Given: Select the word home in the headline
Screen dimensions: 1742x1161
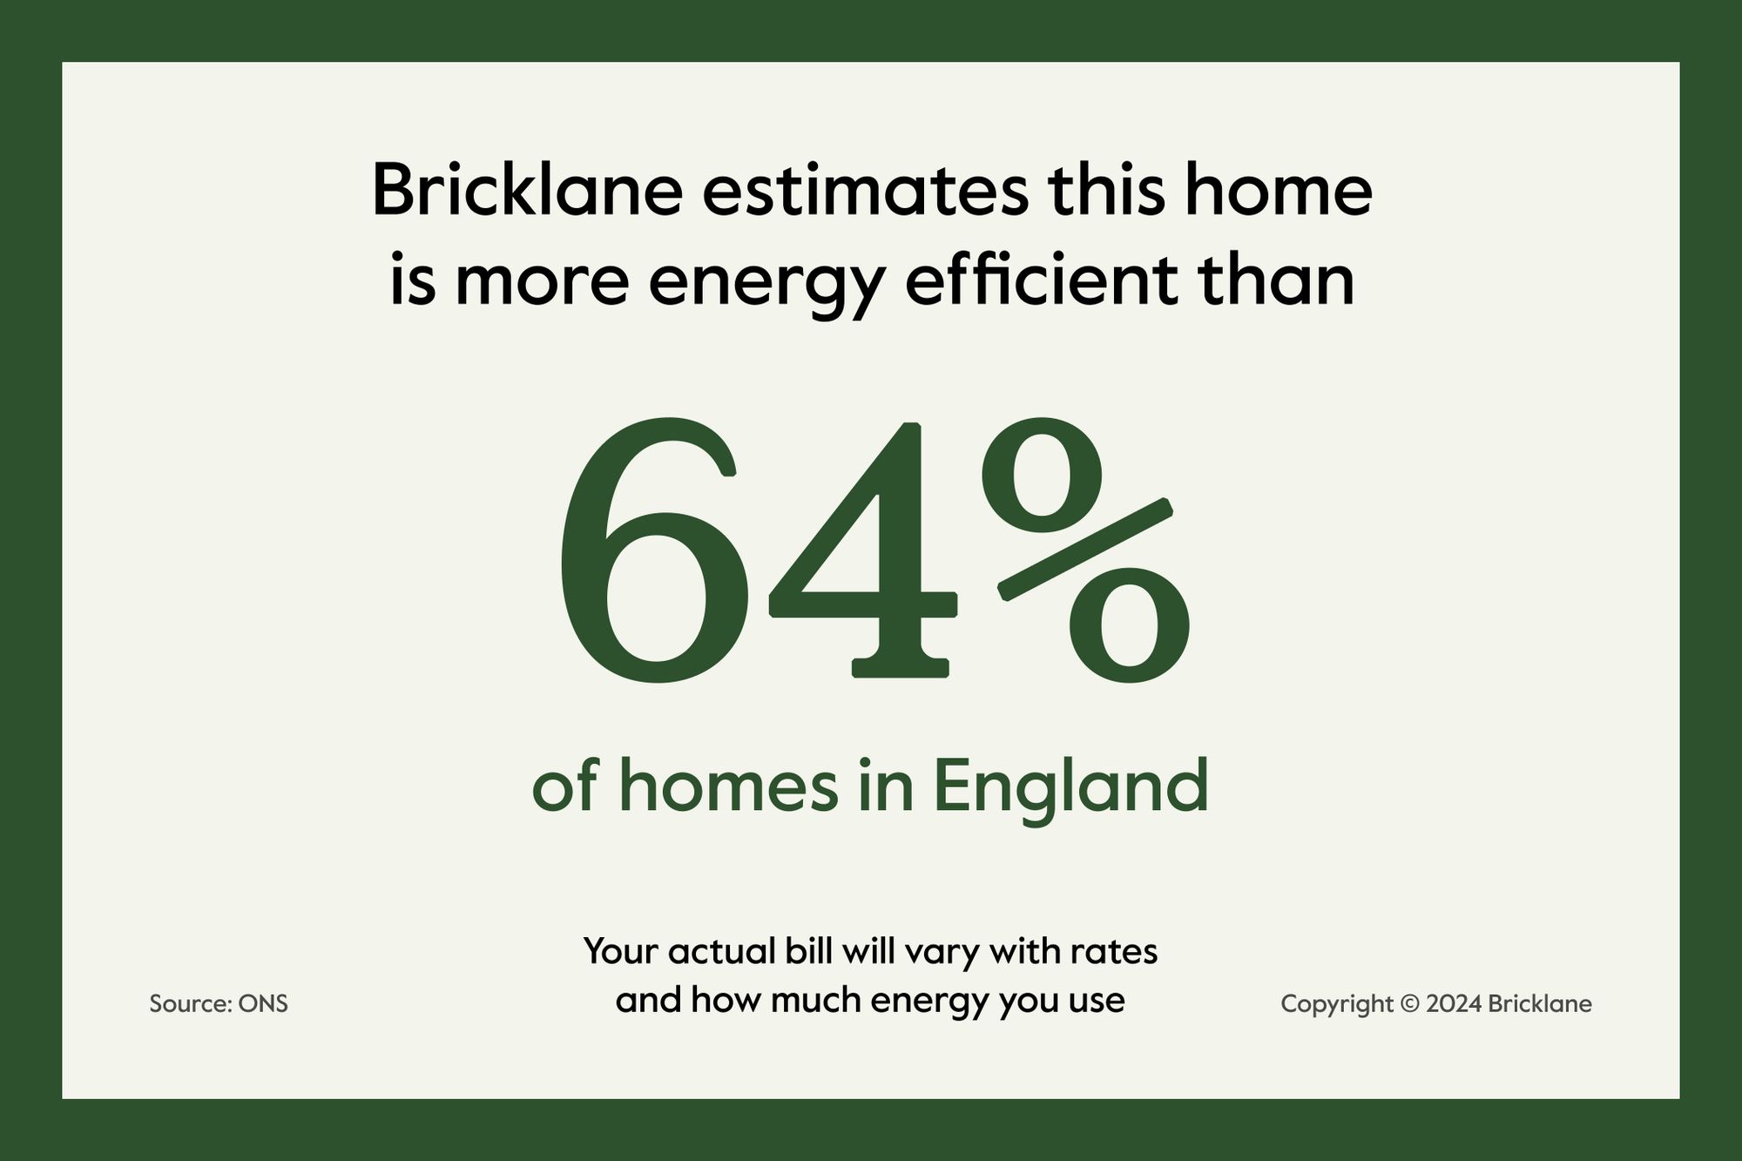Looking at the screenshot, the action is coord(1277,190).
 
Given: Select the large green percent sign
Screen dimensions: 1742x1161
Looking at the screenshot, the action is coord(1085,551).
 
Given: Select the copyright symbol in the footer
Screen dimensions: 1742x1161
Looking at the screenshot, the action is coord(1409,1004).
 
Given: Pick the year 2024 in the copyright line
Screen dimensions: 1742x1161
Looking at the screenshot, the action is coord(1454,1004).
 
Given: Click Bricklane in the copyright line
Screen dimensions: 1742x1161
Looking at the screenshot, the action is coord(1540,1004).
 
